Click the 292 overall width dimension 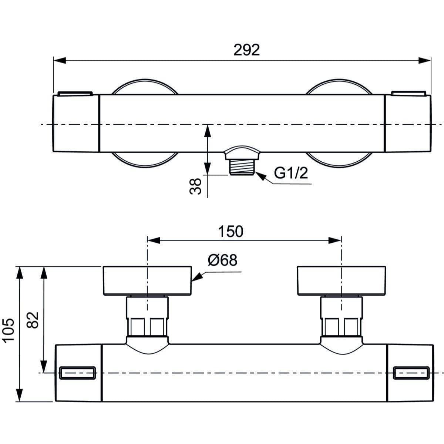click(246, 50)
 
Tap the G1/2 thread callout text click(291, 173)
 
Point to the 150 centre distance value click(230, 231)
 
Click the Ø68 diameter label click(222, 260)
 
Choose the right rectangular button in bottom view click(411, 373)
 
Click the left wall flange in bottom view click(147, 280)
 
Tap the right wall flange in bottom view click(341, 280)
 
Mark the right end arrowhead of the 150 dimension click(335, 240)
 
